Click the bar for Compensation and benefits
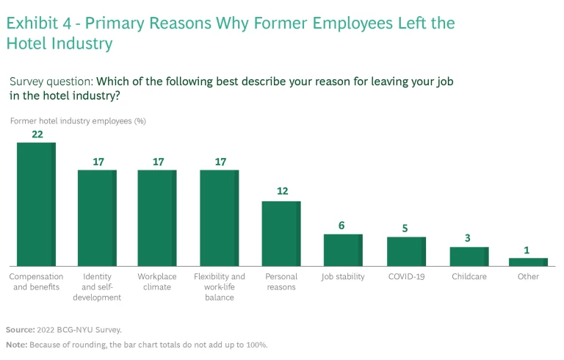(x=36, y=204)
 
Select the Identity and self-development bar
(x=97, y=217)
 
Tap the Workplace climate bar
(x=157, y=217)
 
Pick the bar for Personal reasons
(x=281, y=233)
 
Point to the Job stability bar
(x=343, y=250)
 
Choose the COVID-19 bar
(x=406, y=251)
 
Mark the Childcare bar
(x=469, y=256)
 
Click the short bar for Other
(x=528, y=262)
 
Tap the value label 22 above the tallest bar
(x=36, y=134)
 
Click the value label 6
(x=342, y=226)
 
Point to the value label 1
(x=527, y=250)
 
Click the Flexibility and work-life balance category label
(x=219, y=287)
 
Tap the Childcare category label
(x=469, y=277)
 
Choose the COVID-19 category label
(x=406, y=277)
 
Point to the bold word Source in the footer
(x=19, y=330)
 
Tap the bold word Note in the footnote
(x=15, y=345)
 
